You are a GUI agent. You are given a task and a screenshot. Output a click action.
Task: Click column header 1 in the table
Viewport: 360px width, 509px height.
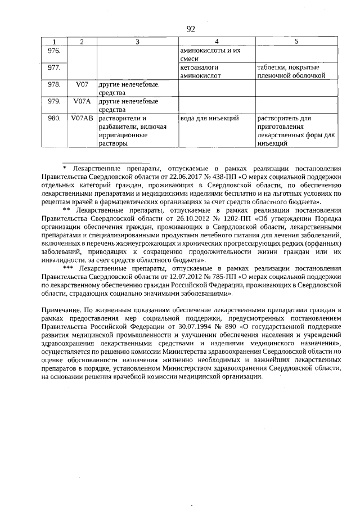pyautogui.click(x=54, y=42)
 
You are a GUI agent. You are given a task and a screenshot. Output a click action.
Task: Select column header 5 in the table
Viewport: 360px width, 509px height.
pyautogui.click(x=296, y=42)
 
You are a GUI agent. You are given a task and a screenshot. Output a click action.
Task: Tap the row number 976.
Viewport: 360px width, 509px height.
pyautogui.click(x=54, y=51)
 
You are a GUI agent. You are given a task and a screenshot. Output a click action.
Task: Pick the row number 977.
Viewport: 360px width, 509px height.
pyautogui.click(x=54, y=68)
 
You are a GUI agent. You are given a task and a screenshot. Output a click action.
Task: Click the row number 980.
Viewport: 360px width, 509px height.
pyautogui.click(x=54, y=119)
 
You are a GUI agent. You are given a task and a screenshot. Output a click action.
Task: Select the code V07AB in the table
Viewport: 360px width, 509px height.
pyautogui.click(x=82, y=119)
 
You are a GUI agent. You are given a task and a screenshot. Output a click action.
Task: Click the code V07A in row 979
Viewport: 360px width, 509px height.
pyautogui.click(x=82, y=102)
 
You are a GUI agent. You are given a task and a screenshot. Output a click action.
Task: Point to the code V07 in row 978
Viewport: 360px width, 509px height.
pyautogui.click(x=82, y=85)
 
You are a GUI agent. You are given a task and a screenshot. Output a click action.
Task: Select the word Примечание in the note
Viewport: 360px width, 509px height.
pyautogui.click(x=62, y=310)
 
